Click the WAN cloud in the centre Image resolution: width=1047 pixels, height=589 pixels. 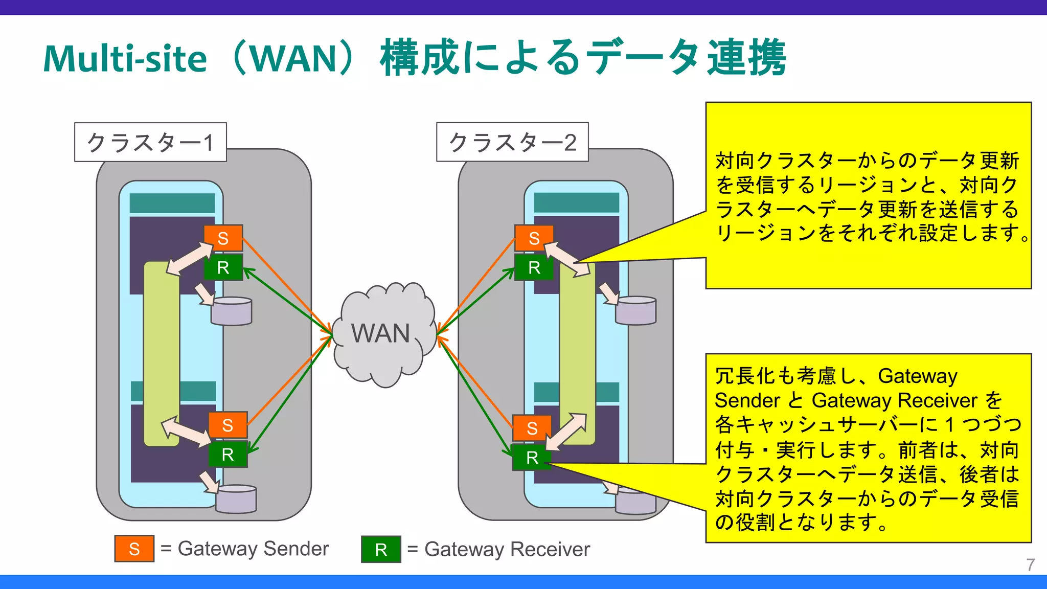(382, 333)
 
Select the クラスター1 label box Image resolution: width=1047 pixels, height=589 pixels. (150, 142)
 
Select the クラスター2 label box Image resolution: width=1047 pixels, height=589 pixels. (512, 142)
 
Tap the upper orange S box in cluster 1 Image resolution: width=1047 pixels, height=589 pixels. (223, 238)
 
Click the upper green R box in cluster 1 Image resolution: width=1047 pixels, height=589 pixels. (223, 267)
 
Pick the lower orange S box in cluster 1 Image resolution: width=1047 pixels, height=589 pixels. (227, 425)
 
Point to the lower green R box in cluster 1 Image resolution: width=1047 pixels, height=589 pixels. (227, 454)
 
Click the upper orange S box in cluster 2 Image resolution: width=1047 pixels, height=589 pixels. (534, 238)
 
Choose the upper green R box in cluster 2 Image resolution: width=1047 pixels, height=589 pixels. (534, 267)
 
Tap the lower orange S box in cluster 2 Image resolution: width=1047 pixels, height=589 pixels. (532, 428)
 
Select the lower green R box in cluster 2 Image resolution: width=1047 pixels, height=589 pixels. (532, 458)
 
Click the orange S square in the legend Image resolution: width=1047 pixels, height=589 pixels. (134, 549)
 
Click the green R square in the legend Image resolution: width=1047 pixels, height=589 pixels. (381, 550)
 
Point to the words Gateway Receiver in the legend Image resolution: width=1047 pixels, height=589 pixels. (507, 549)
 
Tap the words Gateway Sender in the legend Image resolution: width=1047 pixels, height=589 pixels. (253, 549)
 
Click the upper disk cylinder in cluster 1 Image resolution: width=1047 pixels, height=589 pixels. (232, 311)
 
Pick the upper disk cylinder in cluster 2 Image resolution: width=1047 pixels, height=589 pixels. (635, 311)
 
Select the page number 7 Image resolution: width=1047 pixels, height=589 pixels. (1030, 565)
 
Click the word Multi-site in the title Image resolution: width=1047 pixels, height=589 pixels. (125, 59)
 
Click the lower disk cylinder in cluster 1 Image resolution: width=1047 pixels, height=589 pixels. (236, 499)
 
